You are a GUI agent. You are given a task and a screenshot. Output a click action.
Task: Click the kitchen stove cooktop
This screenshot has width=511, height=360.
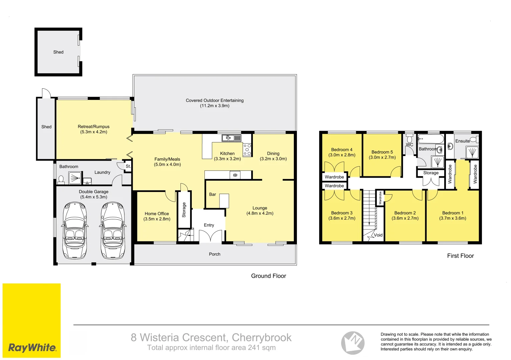tap(247, 150)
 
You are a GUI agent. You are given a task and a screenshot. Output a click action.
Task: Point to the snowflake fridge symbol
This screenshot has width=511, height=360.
tap(235, 175)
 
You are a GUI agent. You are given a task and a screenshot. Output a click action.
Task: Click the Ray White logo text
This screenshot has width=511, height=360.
tap(32, 348)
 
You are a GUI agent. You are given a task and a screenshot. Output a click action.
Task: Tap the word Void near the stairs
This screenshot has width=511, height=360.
tap(378, 235)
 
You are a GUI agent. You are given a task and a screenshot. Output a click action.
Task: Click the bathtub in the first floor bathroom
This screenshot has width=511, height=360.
tap(431, 139)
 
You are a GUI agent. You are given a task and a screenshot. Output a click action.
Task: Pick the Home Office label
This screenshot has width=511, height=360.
tap(157, 214)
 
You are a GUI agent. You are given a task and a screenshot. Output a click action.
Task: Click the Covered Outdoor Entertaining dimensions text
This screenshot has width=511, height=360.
tap(214, 106)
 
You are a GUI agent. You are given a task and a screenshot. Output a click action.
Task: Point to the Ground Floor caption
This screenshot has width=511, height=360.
tap(269, 276)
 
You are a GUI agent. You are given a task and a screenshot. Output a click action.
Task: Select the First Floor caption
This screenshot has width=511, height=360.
tap(460, 256)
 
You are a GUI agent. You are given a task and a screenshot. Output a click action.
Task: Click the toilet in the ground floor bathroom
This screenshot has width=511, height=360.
tap(61, 180)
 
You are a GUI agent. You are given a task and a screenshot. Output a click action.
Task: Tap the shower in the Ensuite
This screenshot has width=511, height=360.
tap(472, 153)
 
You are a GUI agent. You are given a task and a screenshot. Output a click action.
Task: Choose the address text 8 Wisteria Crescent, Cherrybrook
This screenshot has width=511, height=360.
tap(211, 337)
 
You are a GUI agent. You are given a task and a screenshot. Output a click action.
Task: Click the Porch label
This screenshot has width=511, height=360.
tap(214, 254)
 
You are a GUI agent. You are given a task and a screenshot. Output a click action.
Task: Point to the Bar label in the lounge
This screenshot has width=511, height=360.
tap(212, 194)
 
